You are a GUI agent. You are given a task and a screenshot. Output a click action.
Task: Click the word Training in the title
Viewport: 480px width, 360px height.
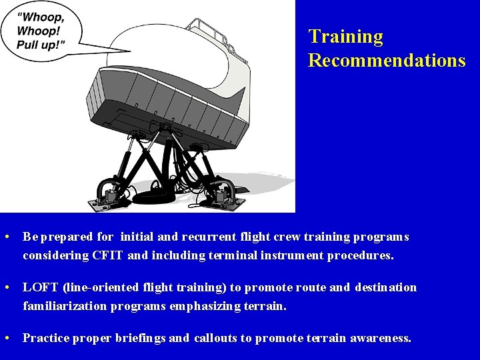[x=345, y=37]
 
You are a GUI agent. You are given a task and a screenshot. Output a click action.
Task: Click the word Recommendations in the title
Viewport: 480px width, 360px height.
[x=387, y=61]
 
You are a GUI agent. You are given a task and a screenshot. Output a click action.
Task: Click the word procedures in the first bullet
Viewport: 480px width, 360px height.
[x=360, y=255]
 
